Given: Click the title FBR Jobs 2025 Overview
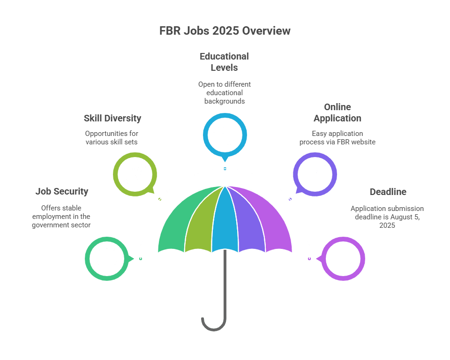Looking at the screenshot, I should point(225,31).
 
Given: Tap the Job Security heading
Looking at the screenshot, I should point(61,191).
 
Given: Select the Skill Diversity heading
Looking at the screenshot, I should point(112,118).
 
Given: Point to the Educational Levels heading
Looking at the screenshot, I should point(224,62).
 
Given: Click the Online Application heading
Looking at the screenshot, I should point(337,112).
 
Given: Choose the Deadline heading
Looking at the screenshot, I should point(388,191).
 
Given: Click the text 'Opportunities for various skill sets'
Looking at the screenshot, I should point(112,138).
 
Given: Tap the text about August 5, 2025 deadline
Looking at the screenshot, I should point(387,217).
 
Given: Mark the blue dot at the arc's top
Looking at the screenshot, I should point(225,169).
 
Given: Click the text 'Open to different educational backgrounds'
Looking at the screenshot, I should point(224,93).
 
